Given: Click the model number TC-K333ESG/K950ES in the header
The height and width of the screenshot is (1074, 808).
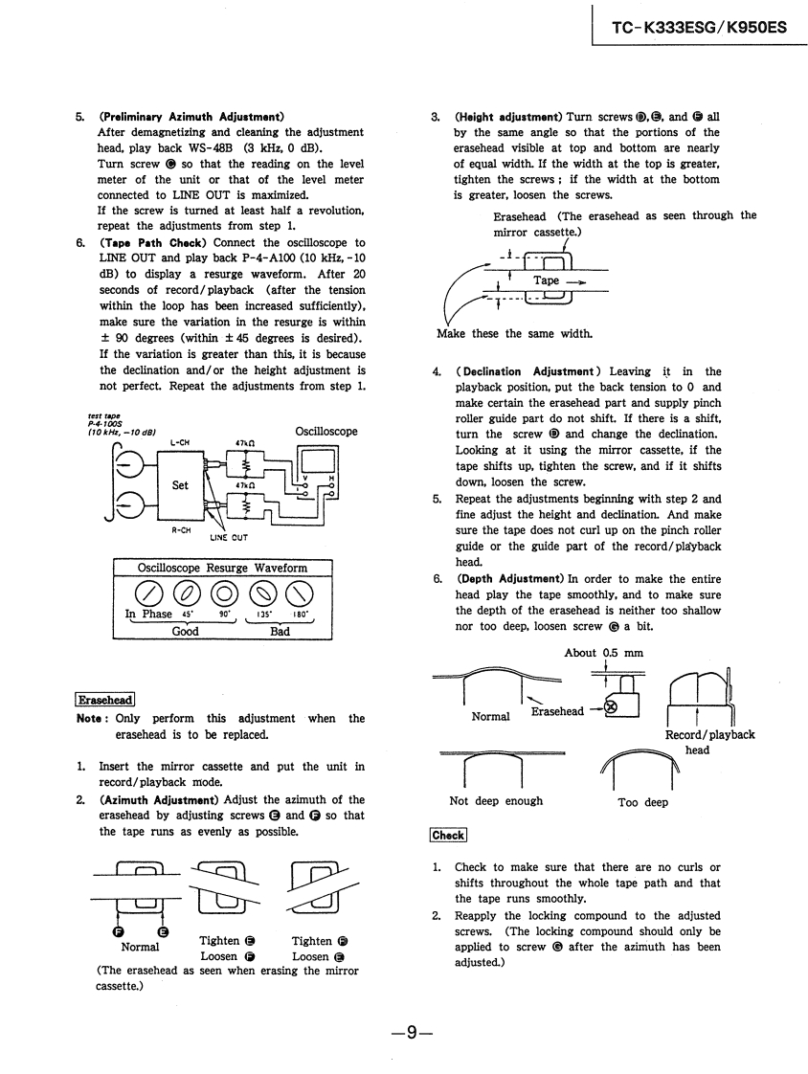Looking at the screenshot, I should coord(699,27).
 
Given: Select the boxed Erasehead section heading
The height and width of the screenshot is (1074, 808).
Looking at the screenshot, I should coord(105,700).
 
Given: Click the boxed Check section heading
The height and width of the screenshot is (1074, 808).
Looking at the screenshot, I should coord(448,835).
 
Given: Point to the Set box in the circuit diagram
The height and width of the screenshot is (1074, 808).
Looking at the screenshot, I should coord(180,484).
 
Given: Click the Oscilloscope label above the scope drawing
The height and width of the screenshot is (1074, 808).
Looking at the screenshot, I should coord(326,432).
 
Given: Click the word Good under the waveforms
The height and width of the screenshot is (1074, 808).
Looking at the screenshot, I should coord(185,632).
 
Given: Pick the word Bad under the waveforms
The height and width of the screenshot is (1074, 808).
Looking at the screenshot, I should coord(280,632).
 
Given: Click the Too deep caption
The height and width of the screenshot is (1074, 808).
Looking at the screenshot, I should coord(643,802).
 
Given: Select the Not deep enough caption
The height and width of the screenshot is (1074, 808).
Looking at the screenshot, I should coord(496,801).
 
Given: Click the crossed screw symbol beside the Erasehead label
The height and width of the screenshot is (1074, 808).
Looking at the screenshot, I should coord(605,708).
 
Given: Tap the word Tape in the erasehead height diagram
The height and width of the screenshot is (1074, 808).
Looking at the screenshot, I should coord(547,280).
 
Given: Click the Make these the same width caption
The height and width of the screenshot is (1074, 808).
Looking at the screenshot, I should coord(502,334).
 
